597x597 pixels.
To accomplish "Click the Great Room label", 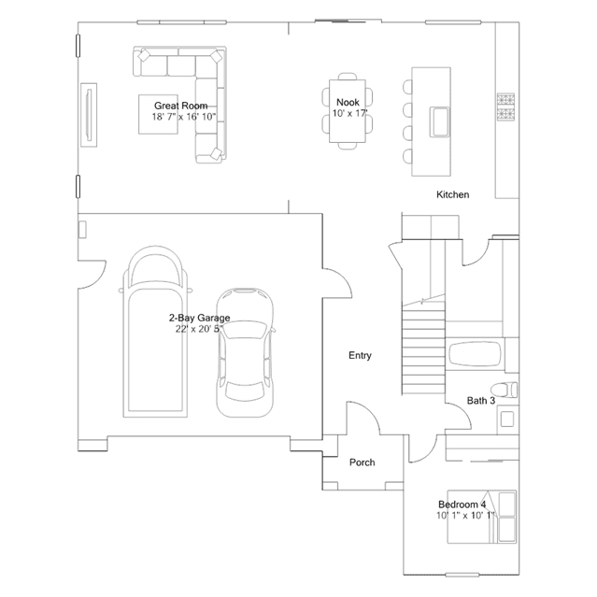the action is [181, 106].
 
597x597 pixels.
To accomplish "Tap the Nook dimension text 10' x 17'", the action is [350, 113].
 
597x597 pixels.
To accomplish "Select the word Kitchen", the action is [453, 194].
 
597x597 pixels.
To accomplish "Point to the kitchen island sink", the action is [440, 121].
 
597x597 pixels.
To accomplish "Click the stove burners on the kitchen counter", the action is [505, 107].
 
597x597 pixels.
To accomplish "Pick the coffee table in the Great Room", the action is [158, 114].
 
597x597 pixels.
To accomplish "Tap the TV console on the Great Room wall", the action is [89, 115].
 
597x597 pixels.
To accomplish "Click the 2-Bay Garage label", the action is [200, 318].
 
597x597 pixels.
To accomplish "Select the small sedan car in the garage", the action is [245, 352].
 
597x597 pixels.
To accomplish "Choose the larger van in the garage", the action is [155, 332].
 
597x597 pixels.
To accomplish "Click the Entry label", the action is [360, 355].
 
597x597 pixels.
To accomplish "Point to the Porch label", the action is [362, 462].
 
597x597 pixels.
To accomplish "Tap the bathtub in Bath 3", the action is [475, 354].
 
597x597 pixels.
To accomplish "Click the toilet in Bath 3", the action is [504, 390].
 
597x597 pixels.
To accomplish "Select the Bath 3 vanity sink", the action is [507, 419].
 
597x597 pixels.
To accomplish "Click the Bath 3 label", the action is [481, 401].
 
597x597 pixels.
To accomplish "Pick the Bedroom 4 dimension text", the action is [465, 516].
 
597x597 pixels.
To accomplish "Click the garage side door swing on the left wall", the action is [92, 275].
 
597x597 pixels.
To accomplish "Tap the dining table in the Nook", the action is [348, 111].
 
